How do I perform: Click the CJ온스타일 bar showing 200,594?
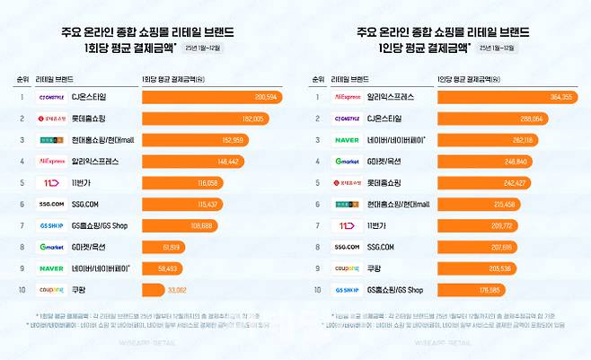(211, 97)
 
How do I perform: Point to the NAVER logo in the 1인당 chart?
(347, 140)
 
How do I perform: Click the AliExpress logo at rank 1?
(347, 97)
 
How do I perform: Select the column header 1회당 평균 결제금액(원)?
(174, 79)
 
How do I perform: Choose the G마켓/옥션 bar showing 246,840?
(485, 162)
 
